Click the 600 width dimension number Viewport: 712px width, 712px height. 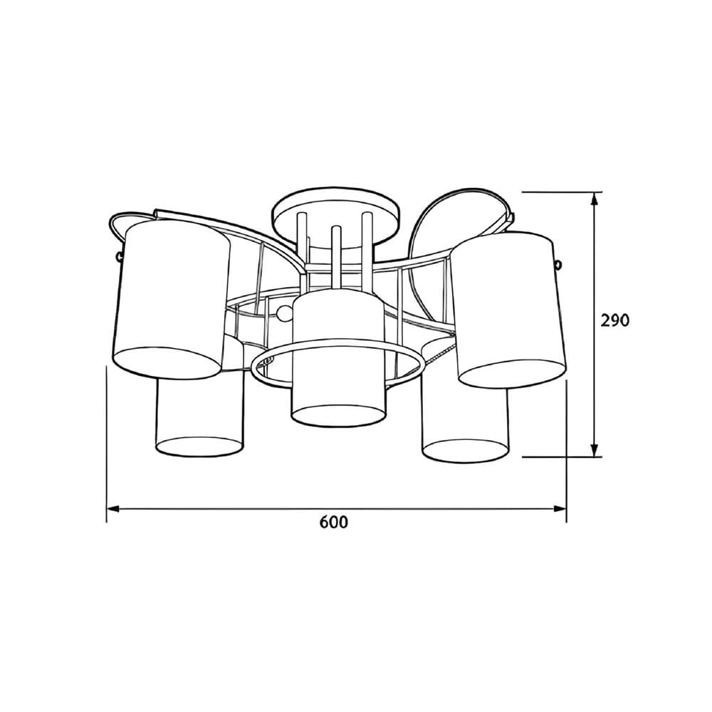(x=334, y=522)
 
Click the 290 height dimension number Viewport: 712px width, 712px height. (x=615, y=320)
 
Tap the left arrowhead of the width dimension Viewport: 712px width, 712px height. (x=112, y=509)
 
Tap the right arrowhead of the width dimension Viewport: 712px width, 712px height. (x=560, y=509)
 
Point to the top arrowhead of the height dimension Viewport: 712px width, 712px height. (x=595, y=198)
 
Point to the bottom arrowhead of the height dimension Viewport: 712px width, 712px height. (x=595, y=451)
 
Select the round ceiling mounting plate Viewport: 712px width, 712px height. (x=337, y=217)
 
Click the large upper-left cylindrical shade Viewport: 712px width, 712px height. (x=172, y=300)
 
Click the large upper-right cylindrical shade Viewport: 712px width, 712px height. (x=510, y=310)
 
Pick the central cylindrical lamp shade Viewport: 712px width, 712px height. (x=338, y=358)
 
